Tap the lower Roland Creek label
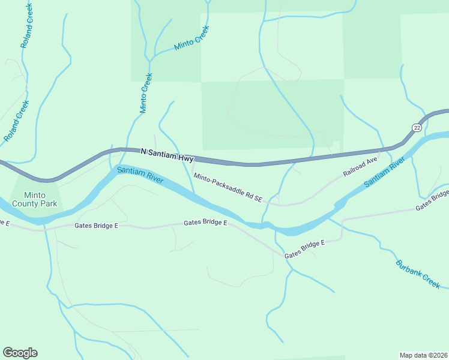click(x=16, y=121)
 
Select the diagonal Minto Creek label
click(x=191, y=38)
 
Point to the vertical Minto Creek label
click(x=146, y=93)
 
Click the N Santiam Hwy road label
click(x=167, y=155)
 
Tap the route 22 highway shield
click(x=417, y=127)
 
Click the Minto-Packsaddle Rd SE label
click(x=228, y=187)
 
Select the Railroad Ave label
click(x=360, y=166)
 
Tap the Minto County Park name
click(x=40, y=199)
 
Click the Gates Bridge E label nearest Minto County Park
click(x=97, y=226)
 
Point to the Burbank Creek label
click(x=418, y=274)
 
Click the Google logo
click(x=20, y=353)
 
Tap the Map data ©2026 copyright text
click(x=423, y=355)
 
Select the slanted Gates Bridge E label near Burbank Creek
click(x=304, y=249)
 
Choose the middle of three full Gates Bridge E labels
click(x=205, y=223)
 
